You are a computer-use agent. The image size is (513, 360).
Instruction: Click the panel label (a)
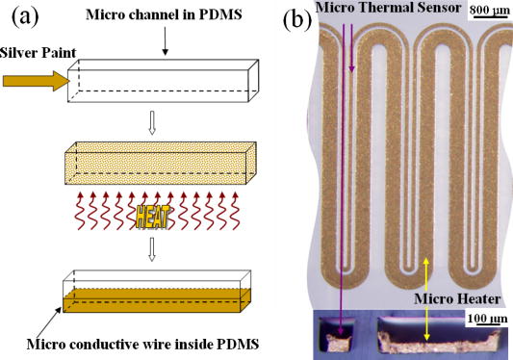(21, 17)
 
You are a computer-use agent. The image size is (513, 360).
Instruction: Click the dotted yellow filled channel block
(154, 167)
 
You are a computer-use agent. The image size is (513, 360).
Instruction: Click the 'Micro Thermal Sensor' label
(380, 10)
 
